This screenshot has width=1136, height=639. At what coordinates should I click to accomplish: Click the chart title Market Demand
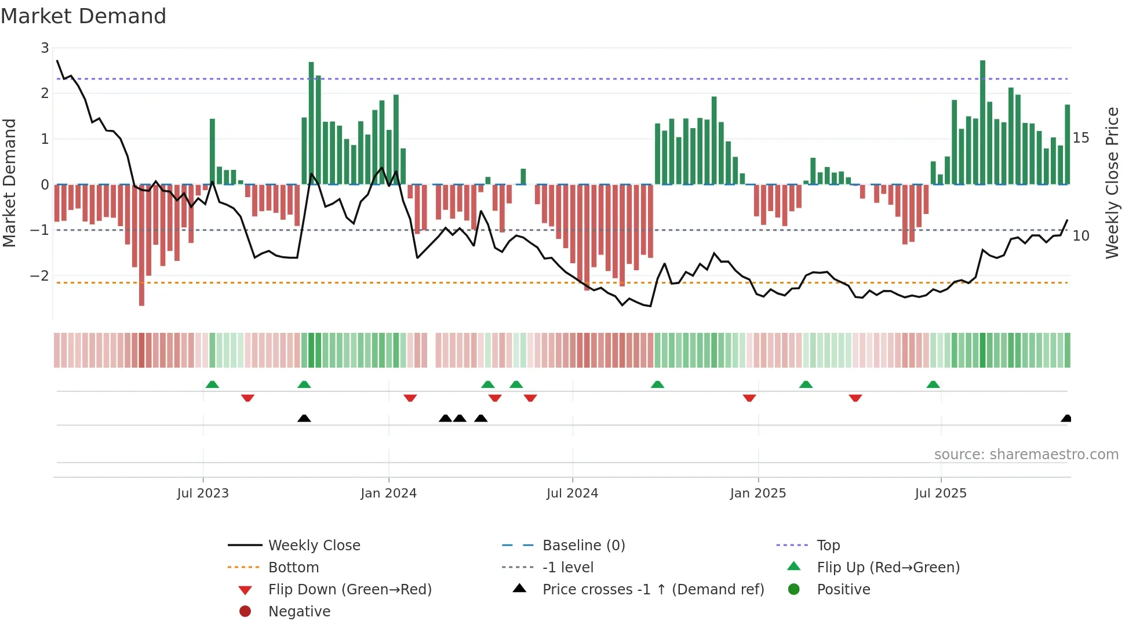83,16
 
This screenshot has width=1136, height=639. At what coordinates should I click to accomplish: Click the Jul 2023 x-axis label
203,493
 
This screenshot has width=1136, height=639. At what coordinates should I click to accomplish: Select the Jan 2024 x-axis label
388,493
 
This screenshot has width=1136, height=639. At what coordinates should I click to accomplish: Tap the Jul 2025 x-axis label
941,493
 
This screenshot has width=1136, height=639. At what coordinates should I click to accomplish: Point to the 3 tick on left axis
45,48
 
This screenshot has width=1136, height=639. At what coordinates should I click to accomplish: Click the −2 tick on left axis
40,275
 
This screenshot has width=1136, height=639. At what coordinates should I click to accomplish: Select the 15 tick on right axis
1081,138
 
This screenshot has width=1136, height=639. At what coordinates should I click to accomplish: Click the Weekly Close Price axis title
1112,183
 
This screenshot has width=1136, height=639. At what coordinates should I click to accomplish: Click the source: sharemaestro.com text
1026,455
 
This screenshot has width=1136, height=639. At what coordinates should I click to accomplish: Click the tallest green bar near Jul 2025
982,122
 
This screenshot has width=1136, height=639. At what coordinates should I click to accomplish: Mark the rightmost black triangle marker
1066,419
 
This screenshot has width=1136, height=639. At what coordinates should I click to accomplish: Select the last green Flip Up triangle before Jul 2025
933,384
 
